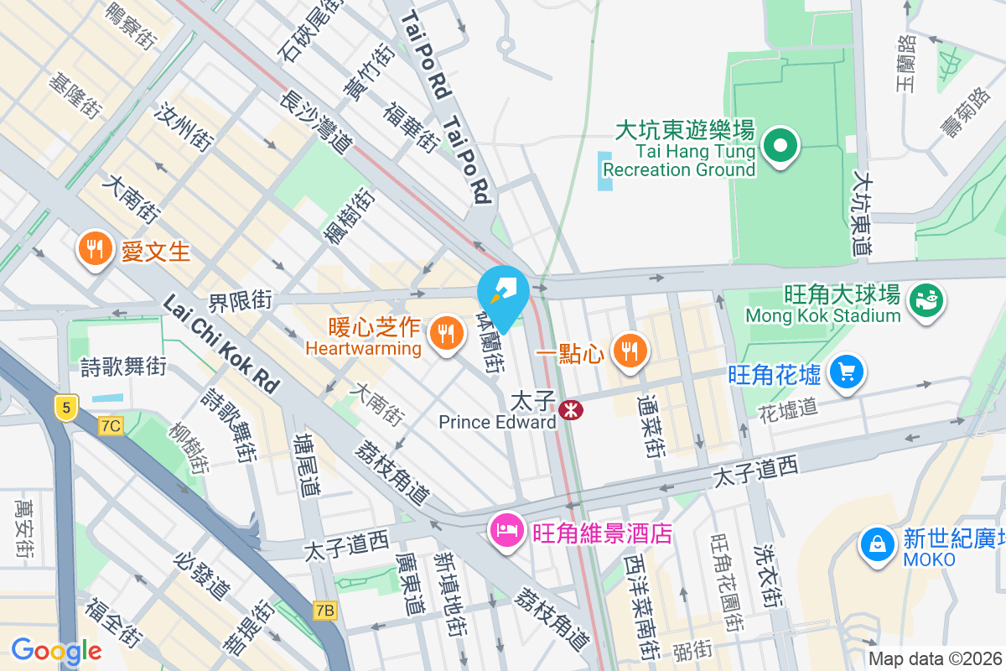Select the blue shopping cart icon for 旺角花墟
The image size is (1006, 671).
click(846, 371)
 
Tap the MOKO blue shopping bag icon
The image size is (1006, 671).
click(877, 544)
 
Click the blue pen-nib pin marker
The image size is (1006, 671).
click(503, 291)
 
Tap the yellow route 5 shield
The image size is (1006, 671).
click(66, 408)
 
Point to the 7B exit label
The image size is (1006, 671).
click(325, 611)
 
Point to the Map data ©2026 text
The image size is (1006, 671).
click(935, 659)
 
